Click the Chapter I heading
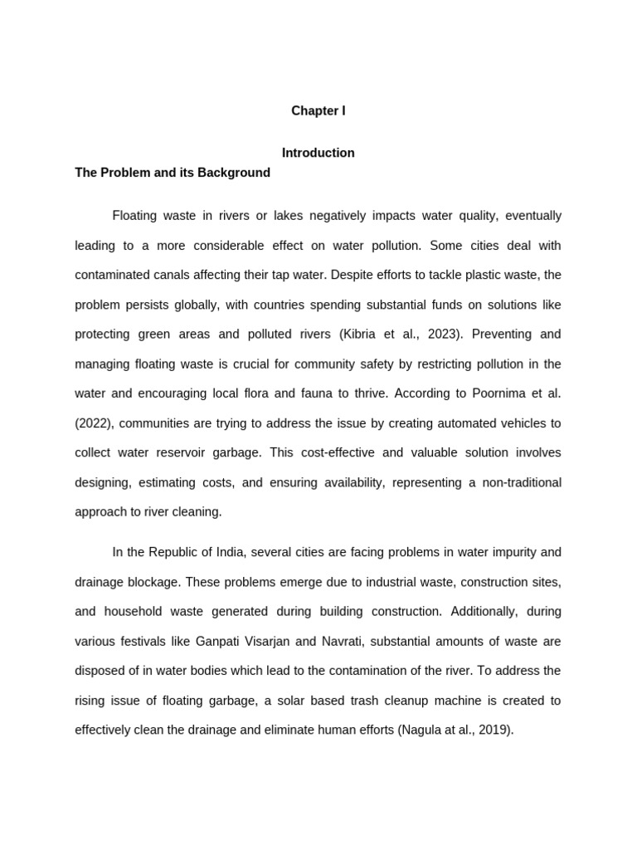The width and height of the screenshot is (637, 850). click(x=318, y=110)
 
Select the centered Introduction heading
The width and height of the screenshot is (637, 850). click(x=318, y=153)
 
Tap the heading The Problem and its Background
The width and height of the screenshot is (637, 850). click(x=173, y=173)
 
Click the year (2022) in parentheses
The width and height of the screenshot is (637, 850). click(x=94, y=423)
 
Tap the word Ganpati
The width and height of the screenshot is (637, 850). click(x=216, y=642)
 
